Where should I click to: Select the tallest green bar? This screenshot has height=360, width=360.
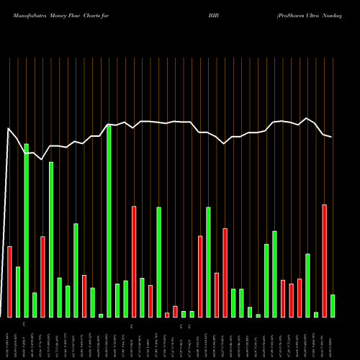coord(109,221)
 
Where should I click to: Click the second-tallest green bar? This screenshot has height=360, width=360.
coord(27,230)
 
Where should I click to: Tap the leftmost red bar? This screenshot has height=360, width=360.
coord(10,282)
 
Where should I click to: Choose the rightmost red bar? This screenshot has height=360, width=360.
coord(324,261)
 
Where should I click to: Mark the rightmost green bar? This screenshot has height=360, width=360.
coord(333,305)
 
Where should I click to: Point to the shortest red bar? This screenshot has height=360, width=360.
coord(167,315)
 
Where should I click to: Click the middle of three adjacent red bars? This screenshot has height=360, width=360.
coord(291,300)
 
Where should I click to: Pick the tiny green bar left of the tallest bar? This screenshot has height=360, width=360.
coord(101,315)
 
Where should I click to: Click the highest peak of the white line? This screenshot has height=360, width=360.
coord(307,118)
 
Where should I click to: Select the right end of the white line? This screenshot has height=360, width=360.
coord(332,137)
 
